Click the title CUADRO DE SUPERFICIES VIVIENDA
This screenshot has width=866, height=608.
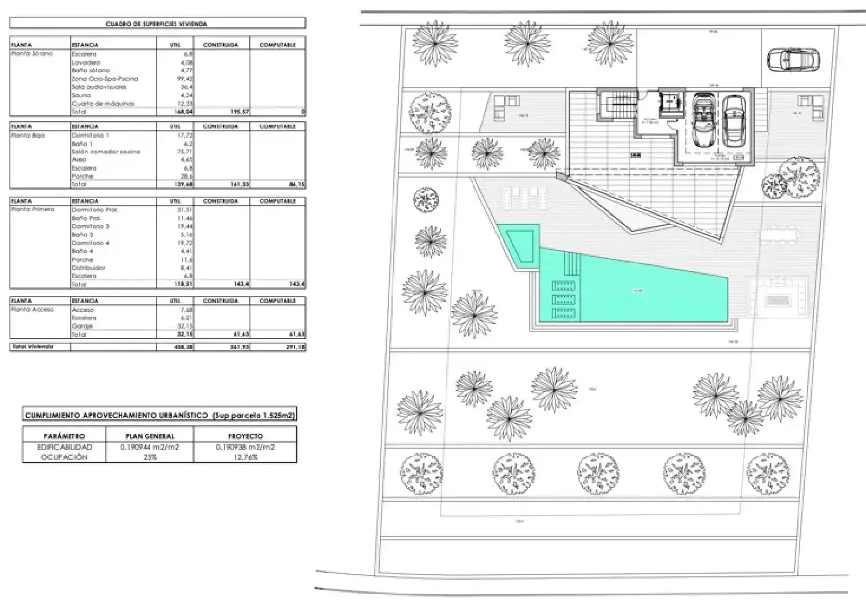[x=156, y=24]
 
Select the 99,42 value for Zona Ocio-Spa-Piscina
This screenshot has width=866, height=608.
[x=185, y=78]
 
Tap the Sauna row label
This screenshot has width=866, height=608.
[x=81, y=95]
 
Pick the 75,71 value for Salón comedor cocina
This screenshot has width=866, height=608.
[x=185, y=152]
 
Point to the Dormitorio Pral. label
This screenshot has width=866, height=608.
[x=95, y=209]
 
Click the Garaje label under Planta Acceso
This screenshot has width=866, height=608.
[x=82, y=326]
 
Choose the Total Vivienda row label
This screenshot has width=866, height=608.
[x=32, y=347]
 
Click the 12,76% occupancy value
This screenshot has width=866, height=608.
[x=245, y=457]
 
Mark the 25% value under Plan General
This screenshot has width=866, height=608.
[x=150, y=457]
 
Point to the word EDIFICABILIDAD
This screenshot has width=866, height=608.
[x=64, y=447]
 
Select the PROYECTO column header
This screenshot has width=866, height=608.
[x=245, y=436]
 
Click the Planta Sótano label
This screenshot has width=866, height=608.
[x=32, y=54]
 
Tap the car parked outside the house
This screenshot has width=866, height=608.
[x=793, y=59]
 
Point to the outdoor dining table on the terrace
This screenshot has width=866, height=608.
[x=779, y=234]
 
